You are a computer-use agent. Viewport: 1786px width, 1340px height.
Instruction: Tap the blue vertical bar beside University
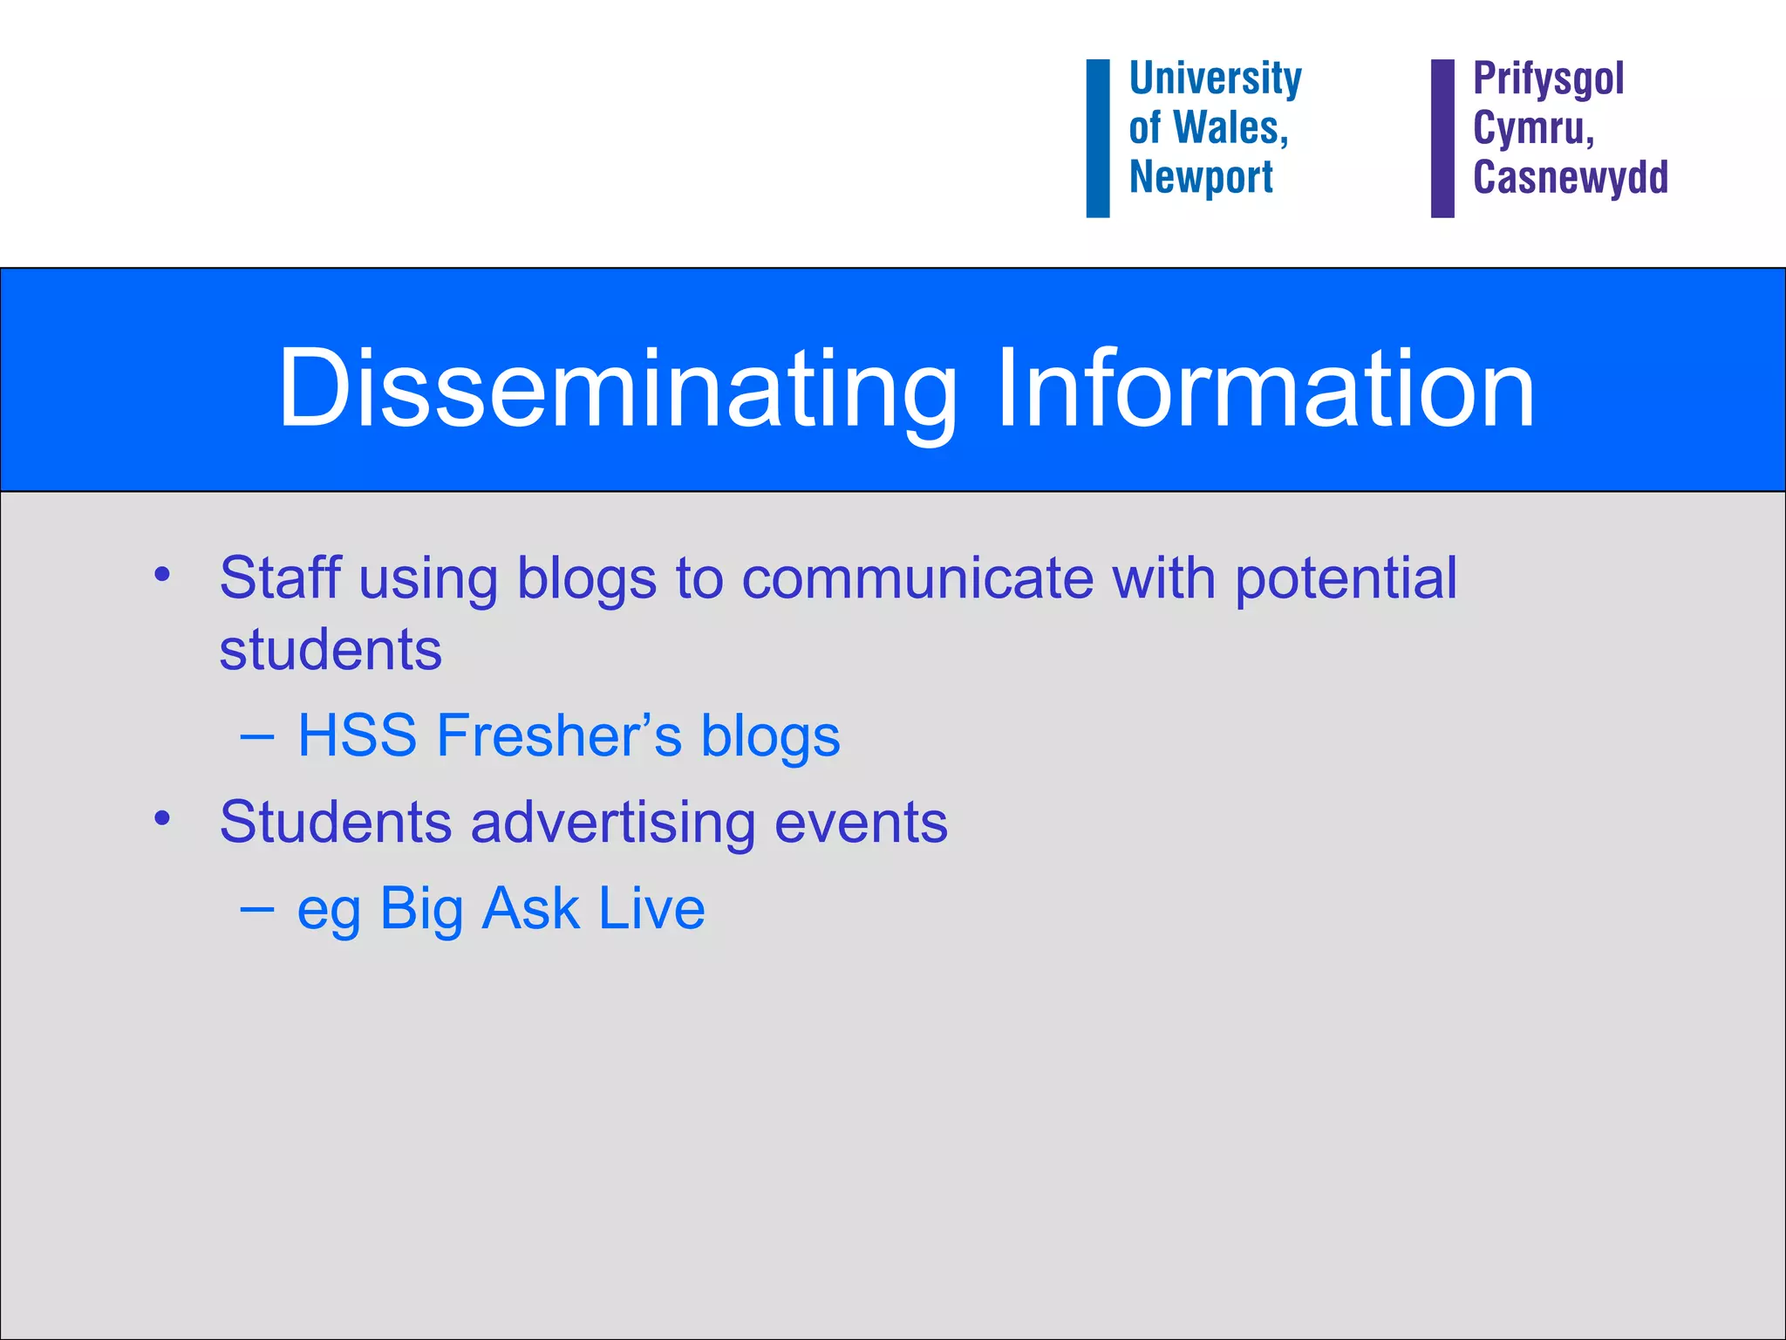[x=1098, y=138]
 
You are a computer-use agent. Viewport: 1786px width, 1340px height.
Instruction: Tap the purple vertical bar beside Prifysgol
[x=1442, y=138]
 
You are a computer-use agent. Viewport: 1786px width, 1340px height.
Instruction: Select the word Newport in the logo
[x=1201, y=177]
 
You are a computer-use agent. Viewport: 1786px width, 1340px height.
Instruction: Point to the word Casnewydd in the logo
[x=1570, y=177]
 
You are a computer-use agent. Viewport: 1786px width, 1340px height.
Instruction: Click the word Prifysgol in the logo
[x=1548, y=80]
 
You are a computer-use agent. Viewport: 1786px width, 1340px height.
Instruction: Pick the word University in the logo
[x=1215, y=79]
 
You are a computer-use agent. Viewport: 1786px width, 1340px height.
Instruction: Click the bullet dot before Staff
[x=161, y=575]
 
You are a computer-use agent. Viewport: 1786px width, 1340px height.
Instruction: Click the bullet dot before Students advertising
[x=161, y=818]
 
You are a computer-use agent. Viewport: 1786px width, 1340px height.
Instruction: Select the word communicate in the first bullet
[x=917, y=578]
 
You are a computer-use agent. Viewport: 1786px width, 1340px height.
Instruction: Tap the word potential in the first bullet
[x=1346, y=580]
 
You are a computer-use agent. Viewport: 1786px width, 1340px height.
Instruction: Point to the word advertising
[x=612, y=823]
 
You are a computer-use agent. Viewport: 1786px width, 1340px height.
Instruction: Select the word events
[x=861, y=823]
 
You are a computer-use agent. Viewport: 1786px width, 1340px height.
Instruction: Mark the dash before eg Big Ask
[x=256, y=909]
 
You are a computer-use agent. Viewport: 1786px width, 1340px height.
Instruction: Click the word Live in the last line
[x=651, y=908]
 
